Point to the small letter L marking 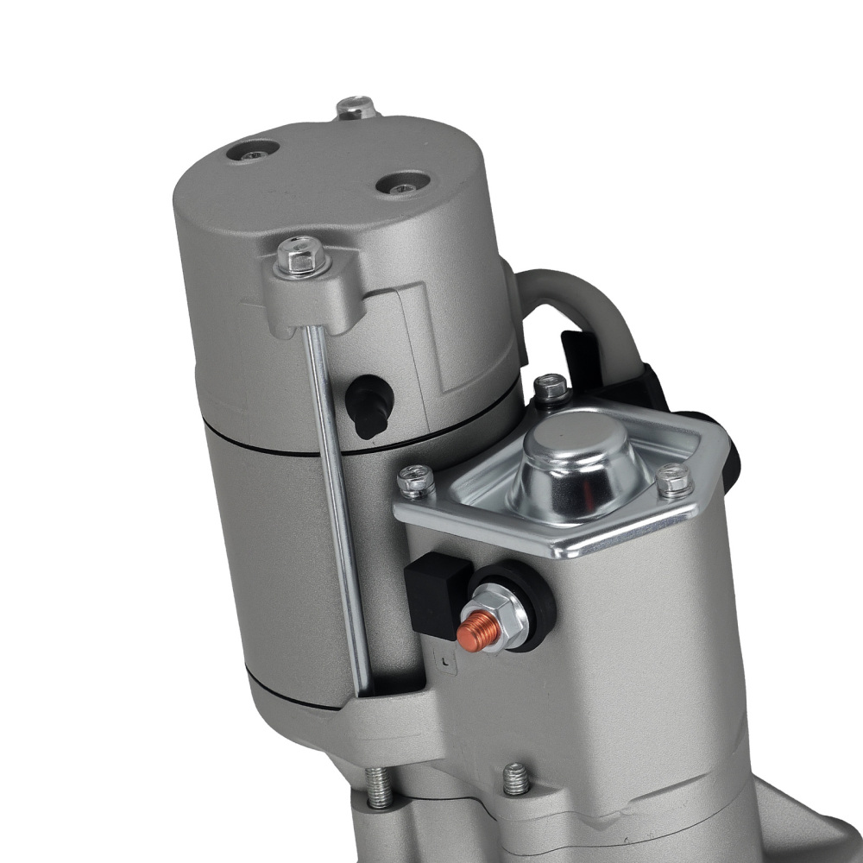pos(443,663)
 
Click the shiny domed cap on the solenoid pos(575,466)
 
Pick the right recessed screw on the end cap pos(401,184)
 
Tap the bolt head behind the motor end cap pos(354,109)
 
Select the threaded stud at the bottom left pos(377,787)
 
